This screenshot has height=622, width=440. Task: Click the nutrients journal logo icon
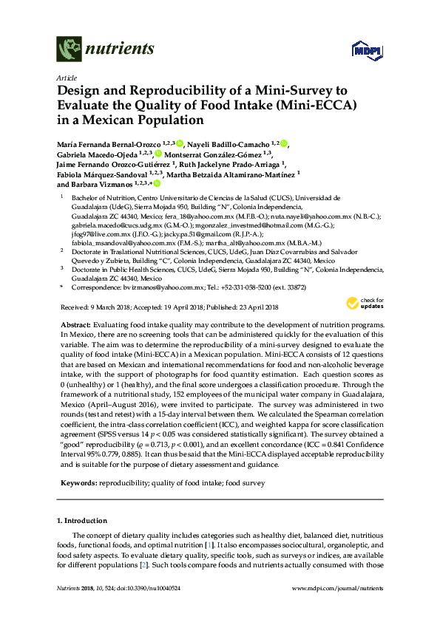click(x=69, y=50)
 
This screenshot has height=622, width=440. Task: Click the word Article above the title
click(x=66, y=78)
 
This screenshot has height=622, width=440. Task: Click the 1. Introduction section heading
click(x=84, y=521)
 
